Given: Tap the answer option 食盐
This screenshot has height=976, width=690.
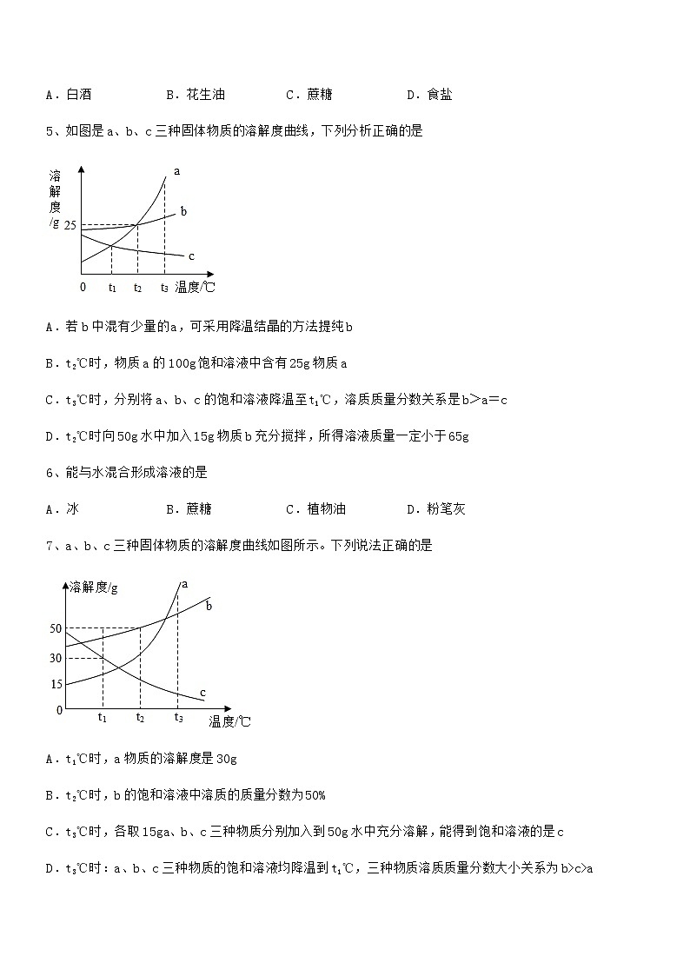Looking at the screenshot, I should point(440,95).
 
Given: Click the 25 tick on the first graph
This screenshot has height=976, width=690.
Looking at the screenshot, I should point(70,226).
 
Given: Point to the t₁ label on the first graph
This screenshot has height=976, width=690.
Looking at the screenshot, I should point(112,288).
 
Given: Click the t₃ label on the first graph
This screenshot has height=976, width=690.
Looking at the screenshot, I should point(164,288).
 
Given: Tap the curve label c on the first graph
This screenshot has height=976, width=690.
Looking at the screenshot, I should point(190,255).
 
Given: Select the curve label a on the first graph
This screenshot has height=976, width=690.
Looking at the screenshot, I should point(176,171).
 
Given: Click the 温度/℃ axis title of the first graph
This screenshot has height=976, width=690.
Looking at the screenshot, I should point(196,287).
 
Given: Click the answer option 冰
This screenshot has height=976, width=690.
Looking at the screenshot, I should point(72,508).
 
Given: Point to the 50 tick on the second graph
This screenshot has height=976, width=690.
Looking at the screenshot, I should point(56,628).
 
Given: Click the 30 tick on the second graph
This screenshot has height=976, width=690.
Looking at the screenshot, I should point(56,658).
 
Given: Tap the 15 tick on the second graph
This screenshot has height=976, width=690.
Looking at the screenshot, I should point(56,685).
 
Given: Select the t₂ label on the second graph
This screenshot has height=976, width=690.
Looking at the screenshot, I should point(140,717).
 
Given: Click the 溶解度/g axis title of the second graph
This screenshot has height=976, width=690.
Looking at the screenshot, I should point(93,587).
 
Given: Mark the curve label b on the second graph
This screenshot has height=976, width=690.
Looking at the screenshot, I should point(209,606).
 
